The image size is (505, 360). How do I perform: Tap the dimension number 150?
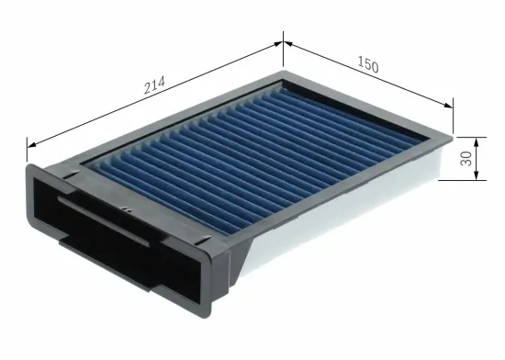(366, 65)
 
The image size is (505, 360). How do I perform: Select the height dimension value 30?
(467, 157)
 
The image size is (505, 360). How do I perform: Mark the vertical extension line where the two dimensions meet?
(283, 51)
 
